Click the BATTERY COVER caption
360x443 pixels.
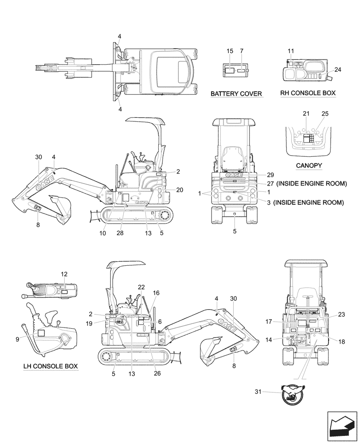coord(236,94)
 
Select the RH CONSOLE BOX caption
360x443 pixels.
coord(308,93)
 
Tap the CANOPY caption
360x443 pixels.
coord(309,166)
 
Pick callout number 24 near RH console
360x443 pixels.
coord(338,70)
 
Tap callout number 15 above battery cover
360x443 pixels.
coord(230,51)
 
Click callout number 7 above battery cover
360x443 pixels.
coord(242,51)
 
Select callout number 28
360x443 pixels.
coord(121,233)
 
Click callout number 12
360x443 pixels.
coord(64,275)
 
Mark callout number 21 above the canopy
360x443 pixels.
coord(306,114)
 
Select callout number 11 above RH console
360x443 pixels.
coord(291,51)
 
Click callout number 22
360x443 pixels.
coord(141,287)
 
